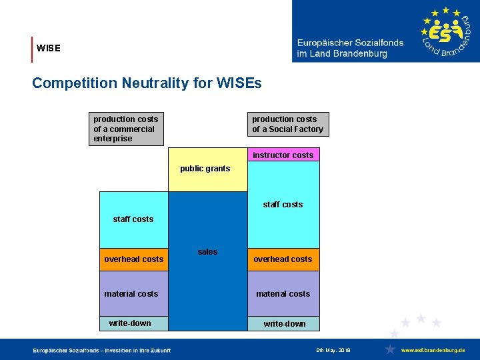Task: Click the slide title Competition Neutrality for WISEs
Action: pos(147,83)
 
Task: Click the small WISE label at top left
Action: pos(49,49)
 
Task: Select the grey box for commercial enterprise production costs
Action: pos(127,129)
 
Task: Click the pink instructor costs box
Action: pos(283,155)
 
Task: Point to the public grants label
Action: pos(205,169)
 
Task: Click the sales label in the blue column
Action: pos(207,252)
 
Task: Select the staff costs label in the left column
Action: pos(133,219)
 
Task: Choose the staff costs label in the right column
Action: pos(283,205)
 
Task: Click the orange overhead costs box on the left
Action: pos(133,259)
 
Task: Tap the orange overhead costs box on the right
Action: pos(283,259)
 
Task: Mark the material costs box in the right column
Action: pos(283,293)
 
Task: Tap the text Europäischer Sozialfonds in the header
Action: pos(350,43)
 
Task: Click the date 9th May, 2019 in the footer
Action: pos(333,350)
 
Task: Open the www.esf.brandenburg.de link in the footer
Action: pos(433,350)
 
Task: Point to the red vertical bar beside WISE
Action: pos(32,49)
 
